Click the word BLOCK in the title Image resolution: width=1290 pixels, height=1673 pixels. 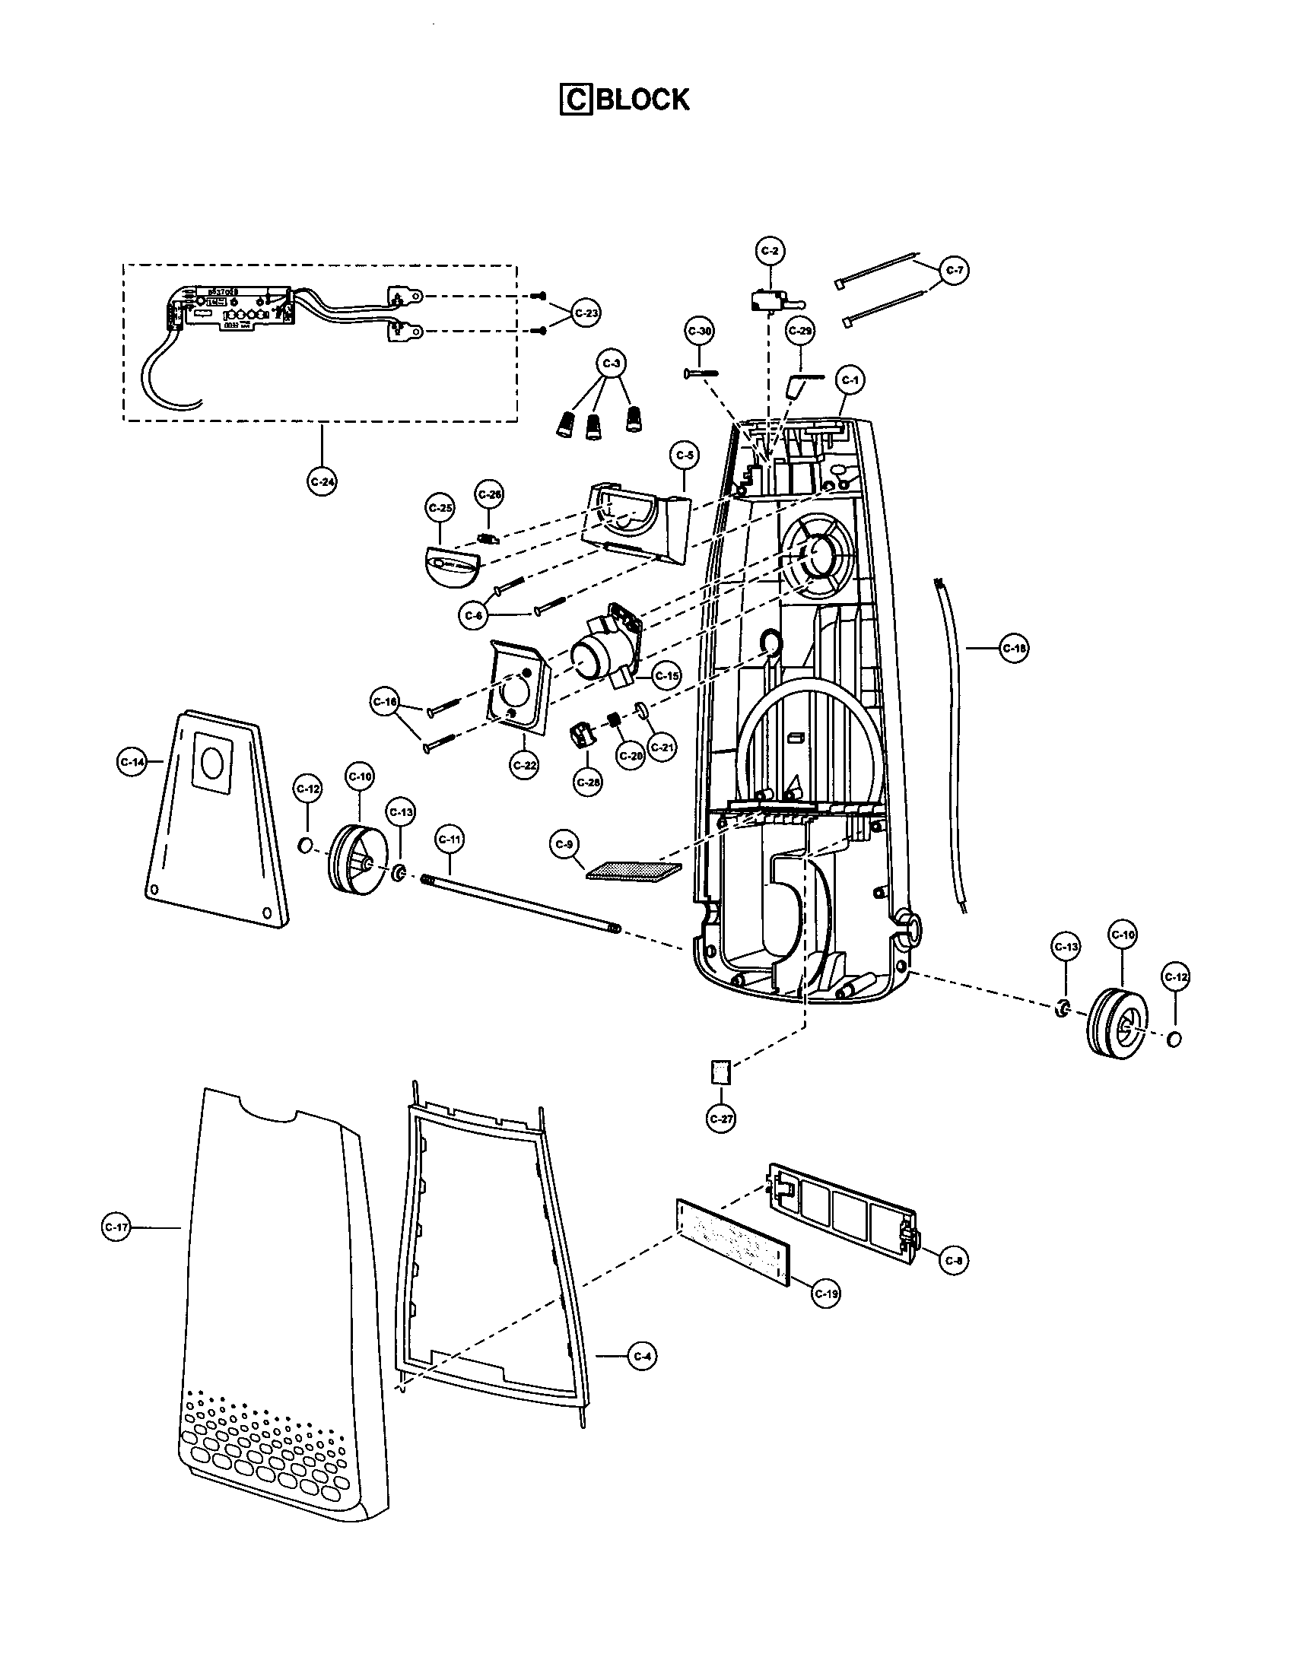pyautogui.click(x=642, y=100)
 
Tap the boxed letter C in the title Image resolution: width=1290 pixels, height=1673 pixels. pyautogui.click(x=576, y=100)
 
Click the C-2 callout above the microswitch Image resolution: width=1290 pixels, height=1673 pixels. pyautogui.click(x=771, y=250)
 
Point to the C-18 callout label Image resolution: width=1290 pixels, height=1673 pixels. pyautogui.click(x=1014, y=648)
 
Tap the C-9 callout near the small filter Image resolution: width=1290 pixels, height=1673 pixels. pyautogui.click(x=564, y=844)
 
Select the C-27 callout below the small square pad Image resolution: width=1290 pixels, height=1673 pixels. pyautogui.click(x=722, y=1119)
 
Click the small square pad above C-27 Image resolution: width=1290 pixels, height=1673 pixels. pyautogui.click(x=721, y=1071)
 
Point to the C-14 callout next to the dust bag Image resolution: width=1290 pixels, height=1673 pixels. pyautogui.click(x=132, y=761)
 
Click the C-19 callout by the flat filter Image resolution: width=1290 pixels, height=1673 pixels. pyautogui.click(x=827, y=1293)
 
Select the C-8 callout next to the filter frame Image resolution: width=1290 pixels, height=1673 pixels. pyautogui.click(x=954, y=1260)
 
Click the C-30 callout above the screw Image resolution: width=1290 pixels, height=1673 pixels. pyautogui.click(x=700, y=332)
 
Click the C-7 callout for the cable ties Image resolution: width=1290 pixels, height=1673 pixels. pyautogui.click(x=955, y=270)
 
